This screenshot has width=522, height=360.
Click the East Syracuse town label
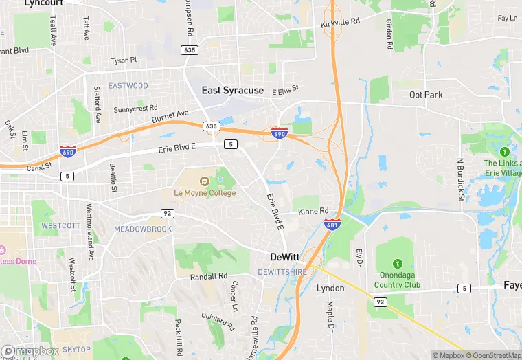click(232, 90)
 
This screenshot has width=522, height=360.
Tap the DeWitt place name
click(284, 257)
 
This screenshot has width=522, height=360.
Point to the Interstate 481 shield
click(332, 224)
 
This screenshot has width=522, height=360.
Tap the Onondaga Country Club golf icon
click(397, 264)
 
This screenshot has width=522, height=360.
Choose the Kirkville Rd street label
click(340, 23)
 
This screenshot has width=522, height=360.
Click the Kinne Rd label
click(313, 211)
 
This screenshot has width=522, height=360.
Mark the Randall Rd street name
click(209, 276)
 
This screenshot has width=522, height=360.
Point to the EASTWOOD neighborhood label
click(128, 86)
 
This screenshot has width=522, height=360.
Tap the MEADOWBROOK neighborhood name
click(143, 229)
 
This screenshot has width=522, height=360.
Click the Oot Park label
click(426, 95)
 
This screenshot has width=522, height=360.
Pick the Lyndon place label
click(330, 289)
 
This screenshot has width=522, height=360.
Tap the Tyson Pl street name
click(124, 60)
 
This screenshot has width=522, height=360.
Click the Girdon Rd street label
click(389, 34)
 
